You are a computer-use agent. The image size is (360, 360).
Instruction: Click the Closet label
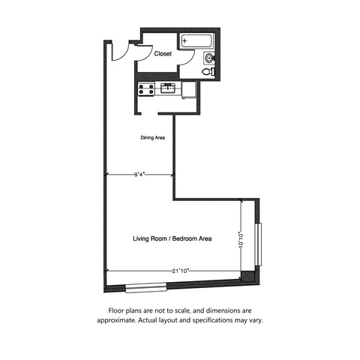tap(163, 54)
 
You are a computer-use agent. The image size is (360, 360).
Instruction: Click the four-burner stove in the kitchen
tap(145, 89)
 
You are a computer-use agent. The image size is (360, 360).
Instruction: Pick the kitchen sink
tap(168, 88)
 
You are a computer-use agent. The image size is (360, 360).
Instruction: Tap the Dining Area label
tap(153, 138)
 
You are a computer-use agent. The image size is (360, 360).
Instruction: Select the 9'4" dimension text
tap(139, 175)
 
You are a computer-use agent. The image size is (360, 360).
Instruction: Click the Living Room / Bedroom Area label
tap(172, 238)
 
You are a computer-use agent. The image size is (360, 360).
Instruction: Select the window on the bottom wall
tap(145, 286)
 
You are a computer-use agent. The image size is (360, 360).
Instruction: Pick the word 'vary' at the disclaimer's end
tap(255, 320)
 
